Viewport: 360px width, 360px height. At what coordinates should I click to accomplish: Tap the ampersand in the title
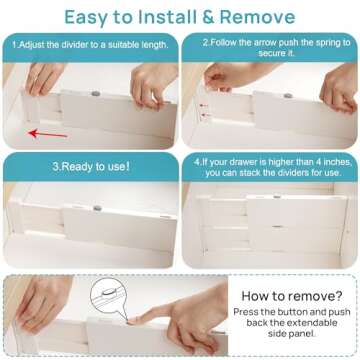point(212,17)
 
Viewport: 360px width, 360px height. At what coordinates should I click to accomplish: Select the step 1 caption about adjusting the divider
point(88,45)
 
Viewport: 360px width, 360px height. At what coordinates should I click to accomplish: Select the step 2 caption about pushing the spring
point(269,47)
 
